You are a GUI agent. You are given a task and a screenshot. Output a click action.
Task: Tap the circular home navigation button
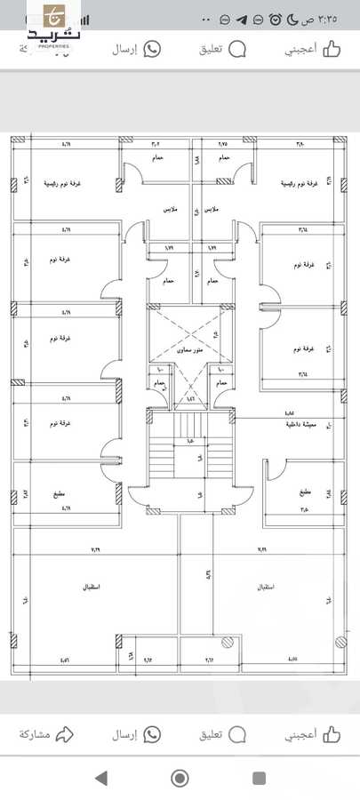(180, 779)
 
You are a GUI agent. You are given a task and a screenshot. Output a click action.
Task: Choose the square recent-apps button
(259, 779)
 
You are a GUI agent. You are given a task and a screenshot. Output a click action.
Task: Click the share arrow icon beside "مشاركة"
(64, 734)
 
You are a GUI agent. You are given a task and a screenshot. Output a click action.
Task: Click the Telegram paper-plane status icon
(242, 19)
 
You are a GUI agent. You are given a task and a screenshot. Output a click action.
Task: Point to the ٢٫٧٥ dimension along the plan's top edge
(222, 143)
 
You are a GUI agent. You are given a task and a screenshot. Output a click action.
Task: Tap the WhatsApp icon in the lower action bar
(152, 734)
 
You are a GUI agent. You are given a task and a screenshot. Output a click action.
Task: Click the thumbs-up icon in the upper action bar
(332, 49)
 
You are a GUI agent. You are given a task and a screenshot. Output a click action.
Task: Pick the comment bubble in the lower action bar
(236, 734)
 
